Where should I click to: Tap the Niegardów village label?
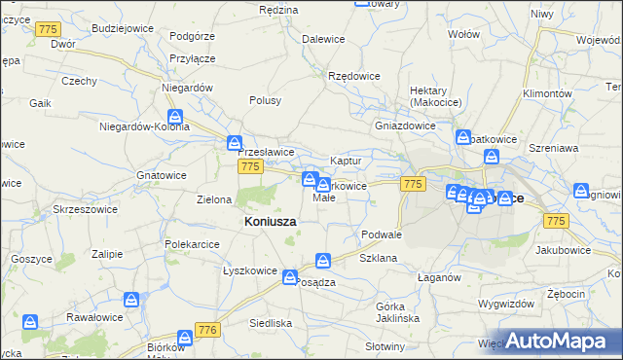click(188, 88)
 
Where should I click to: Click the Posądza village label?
click(314, 282)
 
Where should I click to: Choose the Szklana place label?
click(378, 259)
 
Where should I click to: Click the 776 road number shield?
click(206, 331)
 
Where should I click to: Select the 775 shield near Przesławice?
click(250, 167)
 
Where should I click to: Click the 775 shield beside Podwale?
click(414, 184)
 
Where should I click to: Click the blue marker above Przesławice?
click(235, 142)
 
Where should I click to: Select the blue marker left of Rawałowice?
click(32, 320)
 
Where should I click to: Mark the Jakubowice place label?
click(563, 250)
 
